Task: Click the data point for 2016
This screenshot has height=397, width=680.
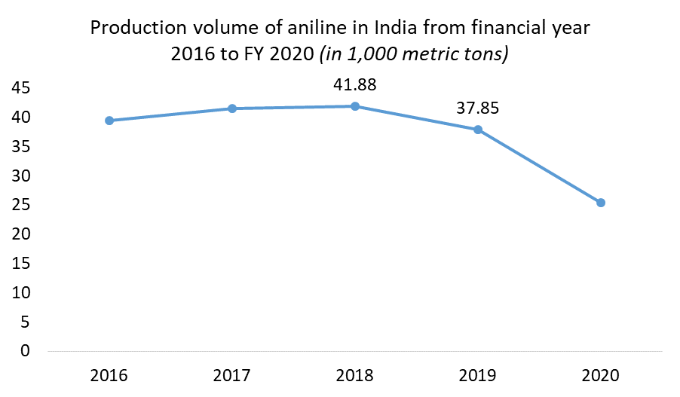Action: (x=109, y=121)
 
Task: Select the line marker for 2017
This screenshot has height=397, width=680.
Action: (x=232, y=108)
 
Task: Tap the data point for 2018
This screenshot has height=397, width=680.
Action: (x=355, y=106)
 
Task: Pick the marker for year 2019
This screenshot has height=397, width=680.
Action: (x=478, y=130)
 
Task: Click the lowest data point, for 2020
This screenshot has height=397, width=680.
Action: (x=601, y=203)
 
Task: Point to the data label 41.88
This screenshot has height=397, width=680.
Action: (x=355, y=84)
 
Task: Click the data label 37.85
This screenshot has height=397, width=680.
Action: (x=478, y=108)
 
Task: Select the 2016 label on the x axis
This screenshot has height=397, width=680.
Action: (x=109, y=374)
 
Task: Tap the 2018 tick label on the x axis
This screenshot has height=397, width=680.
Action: (x=355, y=374)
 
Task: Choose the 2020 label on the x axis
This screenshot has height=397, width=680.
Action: (x=601, y=374)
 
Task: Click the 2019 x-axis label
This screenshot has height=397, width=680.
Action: (x=478, y=374)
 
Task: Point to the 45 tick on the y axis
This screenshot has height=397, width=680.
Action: (x=21, y=88)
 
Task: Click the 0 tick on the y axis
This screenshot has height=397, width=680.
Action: (x=26, y=351)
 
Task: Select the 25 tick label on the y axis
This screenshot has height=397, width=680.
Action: (x=21, y=205)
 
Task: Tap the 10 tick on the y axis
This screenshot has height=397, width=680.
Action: (x=21, y=292)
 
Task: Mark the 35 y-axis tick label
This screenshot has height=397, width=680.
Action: (x=21, y=147)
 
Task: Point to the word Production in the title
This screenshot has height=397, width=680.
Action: (x=131, y=29)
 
